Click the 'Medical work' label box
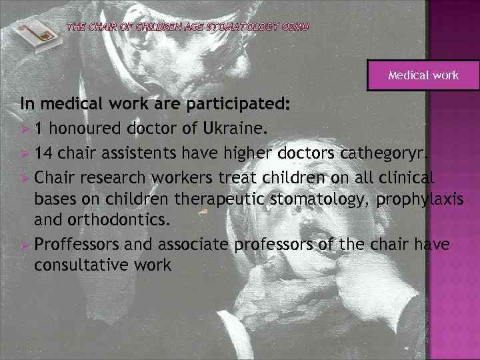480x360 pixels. (x=423, y=75)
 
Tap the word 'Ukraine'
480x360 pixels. (x=236, y=128)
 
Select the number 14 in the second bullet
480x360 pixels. (x=44, y=153)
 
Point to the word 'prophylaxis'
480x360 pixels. (x=419, y=199)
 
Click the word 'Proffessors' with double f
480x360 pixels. (x=77, y=243)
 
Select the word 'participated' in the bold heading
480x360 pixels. (x=237, y=105)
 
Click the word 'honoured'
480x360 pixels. (x=93, y=128)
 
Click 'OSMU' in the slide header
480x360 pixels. (x=295, y=27)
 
